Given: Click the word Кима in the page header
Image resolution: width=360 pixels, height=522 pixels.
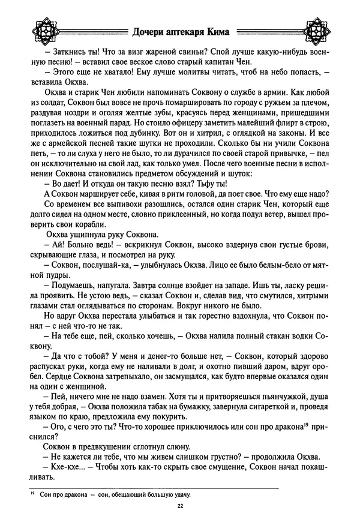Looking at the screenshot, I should pyautogui.click(x=218, y=31).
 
